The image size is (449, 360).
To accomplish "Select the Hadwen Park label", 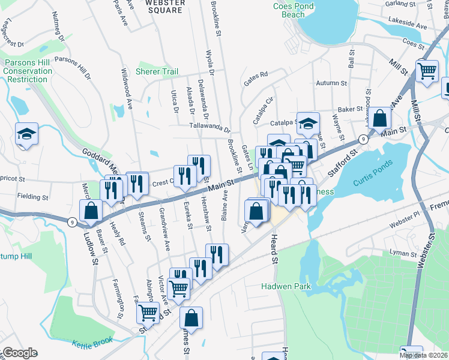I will tap(286, 286).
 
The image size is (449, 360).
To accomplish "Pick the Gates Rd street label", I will tap(255, 82).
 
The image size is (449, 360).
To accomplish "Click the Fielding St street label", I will tap(32, 197).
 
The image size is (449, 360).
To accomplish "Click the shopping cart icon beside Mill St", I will tap(427, 71).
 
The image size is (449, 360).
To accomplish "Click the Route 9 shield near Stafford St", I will tap(363, 139).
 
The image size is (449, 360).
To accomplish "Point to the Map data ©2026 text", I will tap(423, 355).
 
